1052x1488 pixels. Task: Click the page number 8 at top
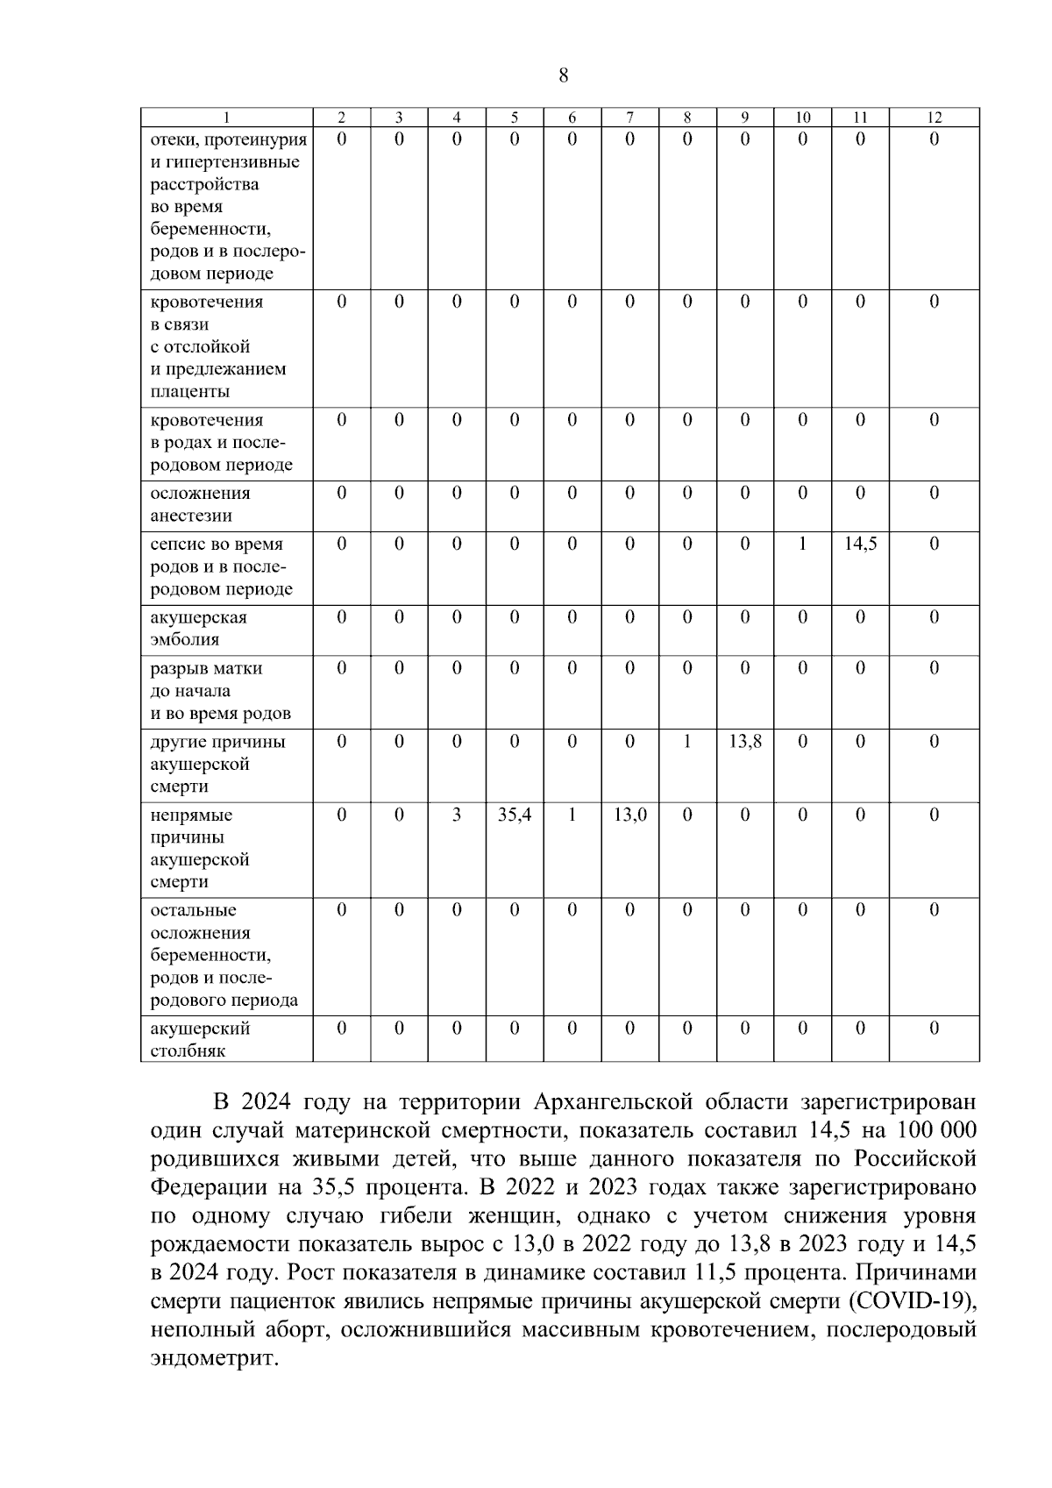point(563,75)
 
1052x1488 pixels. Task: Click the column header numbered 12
point(934,117)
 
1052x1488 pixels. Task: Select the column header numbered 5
point(514,117)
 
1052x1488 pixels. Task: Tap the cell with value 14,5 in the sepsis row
point(860,544)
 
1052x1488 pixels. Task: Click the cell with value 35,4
point(514,815)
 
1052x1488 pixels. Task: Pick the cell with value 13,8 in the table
point(744,742)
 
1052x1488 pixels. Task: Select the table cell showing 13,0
point(629,815)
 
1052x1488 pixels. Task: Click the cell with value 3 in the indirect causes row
point(456,815)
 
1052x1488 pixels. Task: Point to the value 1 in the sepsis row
point(802,544)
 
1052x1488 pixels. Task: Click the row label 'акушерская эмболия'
point(198,629)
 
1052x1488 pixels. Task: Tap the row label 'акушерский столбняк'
point(200,1039)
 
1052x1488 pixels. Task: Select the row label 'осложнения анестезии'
point(200,504)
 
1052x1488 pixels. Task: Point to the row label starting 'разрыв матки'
point(207,668)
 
